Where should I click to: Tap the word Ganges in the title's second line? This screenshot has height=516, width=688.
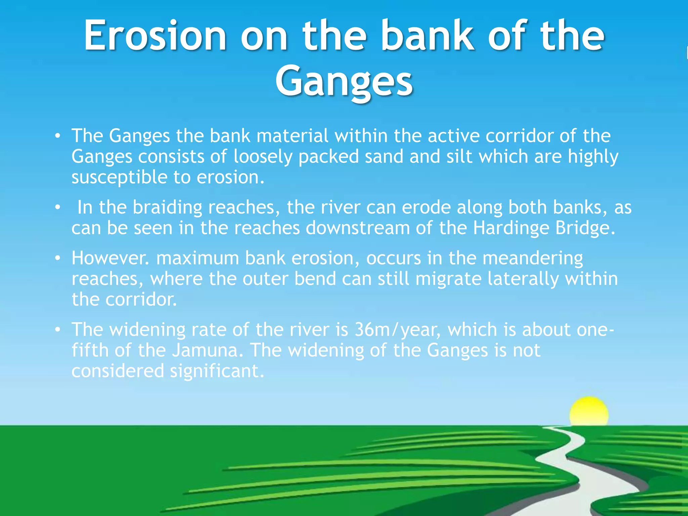344,81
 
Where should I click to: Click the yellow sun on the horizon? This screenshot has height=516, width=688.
589,413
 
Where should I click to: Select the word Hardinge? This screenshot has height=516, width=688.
511,228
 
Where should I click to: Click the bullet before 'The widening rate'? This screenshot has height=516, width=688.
58,330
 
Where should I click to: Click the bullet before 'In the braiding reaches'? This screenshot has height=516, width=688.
58,208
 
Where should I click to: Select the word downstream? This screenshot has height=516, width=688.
357,228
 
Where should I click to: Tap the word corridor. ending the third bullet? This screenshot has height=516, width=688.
141,300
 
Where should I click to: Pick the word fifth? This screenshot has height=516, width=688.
90,350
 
